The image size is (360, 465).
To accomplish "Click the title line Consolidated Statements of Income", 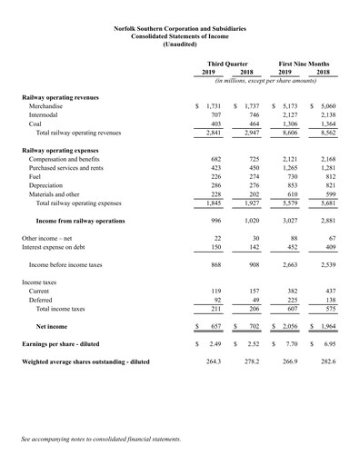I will pos(179,35).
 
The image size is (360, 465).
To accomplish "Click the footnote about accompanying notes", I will pos(101,440).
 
